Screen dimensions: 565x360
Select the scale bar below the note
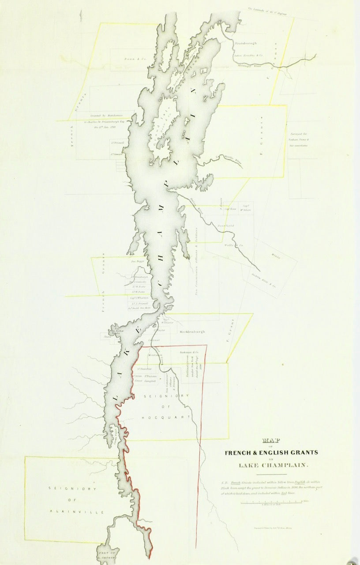(x=274, y=501)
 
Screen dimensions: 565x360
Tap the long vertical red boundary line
(x=204, y=441)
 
